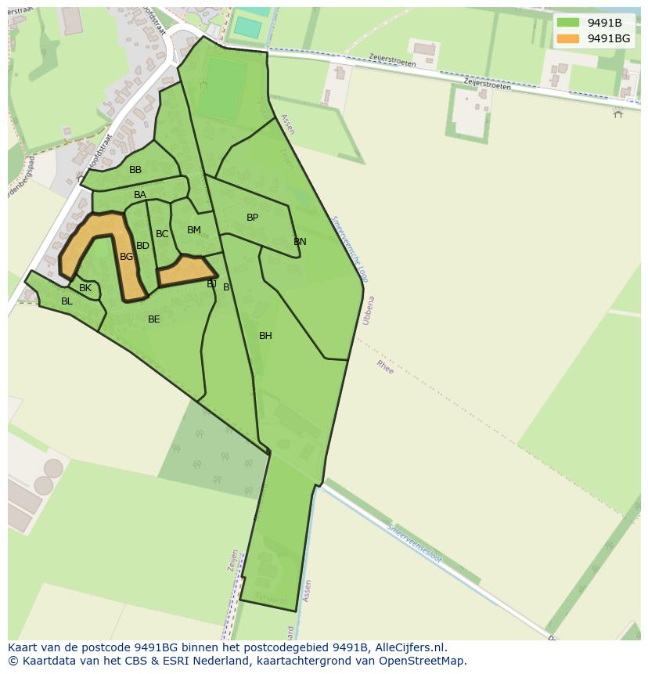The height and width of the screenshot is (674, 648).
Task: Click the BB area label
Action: tap(135, 170)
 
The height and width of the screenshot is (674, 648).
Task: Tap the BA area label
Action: tap(140, 195)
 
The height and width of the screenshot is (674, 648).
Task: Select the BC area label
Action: tap(162, 234)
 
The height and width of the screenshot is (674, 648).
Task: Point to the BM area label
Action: tap(194, 230)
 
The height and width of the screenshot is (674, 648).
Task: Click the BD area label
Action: tap(142, 246)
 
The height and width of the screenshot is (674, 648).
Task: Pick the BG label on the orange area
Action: tap(126, 256)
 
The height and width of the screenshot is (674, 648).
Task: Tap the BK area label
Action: tap(85, 288)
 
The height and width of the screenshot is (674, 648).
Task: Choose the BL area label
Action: tap(67, 301)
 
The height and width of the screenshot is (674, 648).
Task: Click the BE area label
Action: tap(154, 319)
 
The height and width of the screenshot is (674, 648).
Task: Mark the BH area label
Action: tap(265, 336)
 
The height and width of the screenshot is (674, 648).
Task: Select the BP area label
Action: tap(252, 218)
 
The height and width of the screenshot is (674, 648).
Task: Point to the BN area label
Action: tap(300, 242)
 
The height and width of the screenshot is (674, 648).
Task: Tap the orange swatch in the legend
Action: tap(568, 38)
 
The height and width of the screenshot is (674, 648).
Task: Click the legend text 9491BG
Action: tap(609, 38)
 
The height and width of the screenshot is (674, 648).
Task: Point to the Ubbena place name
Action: tap(367, 310)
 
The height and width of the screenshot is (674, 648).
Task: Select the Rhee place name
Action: tap(386, 366)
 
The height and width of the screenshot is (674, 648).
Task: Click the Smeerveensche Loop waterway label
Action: tap(350, 249)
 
